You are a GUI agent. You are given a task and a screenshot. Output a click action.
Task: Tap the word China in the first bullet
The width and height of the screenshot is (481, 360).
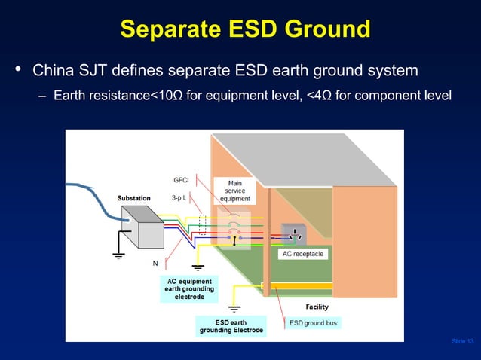(53, 72)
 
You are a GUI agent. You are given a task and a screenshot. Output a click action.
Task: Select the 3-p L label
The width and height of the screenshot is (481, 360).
(179, 198)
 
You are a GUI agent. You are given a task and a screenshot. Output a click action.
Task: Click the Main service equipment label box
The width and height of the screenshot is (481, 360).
(235, 191)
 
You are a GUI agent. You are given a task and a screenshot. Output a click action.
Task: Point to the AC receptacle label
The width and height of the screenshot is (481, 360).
(302, 255)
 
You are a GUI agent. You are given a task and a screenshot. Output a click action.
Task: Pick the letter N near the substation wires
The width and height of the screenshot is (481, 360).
(155, 264)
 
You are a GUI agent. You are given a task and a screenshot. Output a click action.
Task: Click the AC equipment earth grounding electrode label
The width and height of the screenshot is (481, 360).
(188, 289)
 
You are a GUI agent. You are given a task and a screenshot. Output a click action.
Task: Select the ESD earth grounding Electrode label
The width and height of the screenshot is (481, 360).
(231, 326)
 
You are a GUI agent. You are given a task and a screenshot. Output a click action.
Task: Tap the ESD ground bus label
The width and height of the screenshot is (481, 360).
(313, 323)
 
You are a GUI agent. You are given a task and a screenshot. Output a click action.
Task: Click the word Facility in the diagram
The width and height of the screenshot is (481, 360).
(317, 307)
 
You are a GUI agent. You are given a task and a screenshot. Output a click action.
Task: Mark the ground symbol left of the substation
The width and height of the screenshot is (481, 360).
(118, 254)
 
